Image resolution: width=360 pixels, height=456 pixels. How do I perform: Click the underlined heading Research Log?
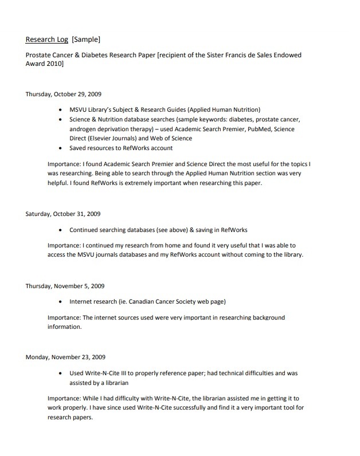47,40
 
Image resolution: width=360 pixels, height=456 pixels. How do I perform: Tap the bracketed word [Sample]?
86,40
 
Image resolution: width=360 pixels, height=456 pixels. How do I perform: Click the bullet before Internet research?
61,301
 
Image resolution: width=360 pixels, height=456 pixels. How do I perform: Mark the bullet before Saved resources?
61,148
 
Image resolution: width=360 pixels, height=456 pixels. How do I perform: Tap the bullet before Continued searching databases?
61,230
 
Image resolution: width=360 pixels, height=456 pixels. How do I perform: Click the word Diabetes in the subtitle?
86,55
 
